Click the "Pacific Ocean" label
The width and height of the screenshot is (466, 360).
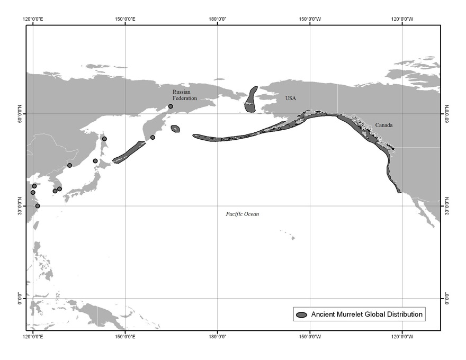(242, 214)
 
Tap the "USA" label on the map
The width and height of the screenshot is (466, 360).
(291, 98)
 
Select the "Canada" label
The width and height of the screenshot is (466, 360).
(384, 125)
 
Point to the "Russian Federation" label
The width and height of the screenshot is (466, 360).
(184, 95)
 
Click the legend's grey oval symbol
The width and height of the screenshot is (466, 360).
(302, 314)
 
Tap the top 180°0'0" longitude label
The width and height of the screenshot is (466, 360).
(218, 19)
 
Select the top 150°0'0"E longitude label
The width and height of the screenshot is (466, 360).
(125, 19)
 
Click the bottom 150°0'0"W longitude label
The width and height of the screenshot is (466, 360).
(310, 336)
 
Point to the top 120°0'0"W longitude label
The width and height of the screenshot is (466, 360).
(402, 19)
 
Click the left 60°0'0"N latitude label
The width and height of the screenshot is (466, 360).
(20, 113)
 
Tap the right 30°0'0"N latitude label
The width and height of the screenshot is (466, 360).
(446, 205)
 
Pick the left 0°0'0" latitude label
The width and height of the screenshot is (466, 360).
(20, 298)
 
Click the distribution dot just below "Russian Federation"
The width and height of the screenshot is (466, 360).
(171, 106)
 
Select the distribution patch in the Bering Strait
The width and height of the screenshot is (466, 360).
(251, 99)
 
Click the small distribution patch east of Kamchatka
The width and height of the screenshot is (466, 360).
(175, 129)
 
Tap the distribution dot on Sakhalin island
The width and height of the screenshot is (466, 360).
(104, 139)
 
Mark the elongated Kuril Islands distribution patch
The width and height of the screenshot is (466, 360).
(129, 151)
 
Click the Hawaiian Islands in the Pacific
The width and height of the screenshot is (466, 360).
(292, 238)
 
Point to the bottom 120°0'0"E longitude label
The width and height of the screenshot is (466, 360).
(33, 336)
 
